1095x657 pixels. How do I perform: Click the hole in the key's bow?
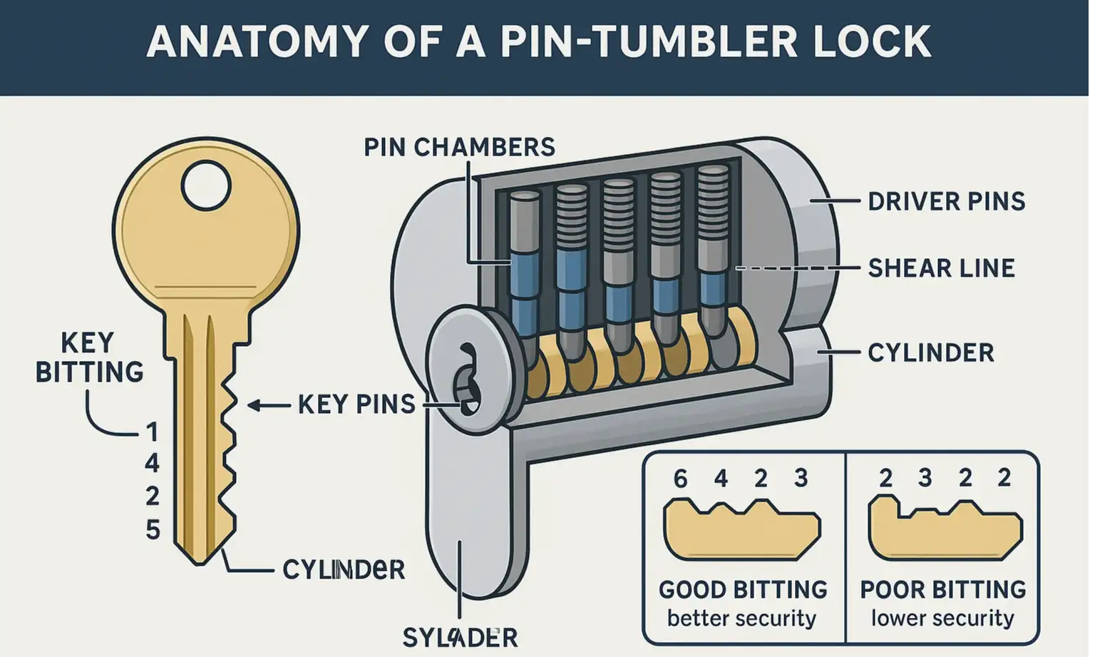[x=205, y=185]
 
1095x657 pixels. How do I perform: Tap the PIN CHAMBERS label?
[x=459, y=147]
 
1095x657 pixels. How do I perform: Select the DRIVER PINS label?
[x=946, y=201]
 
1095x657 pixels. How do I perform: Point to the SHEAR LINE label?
[x=941, y=268]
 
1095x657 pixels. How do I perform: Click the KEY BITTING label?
[x=89, y=357]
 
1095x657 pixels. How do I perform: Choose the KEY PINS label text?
[x=356, y=404]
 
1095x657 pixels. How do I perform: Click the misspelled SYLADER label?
[x=460, y=637]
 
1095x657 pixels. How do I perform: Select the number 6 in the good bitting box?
[x=680, y=479]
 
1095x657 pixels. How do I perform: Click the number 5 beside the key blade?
[x=153, y=529]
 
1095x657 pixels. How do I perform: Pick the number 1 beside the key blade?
[x=152, y=432]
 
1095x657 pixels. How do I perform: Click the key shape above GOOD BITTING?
[x=741, y=529]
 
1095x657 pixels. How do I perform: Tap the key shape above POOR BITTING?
[x=945, y=529]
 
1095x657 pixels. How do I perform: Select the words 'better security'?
[x=741, y=618]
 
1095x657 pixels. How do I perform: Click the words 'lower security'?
[x=942, y=618]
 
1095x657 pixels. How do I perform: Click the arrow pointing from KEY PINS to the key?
[x=267, y=405]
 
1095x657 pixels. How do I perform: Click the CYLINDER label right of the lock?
[x=930, y=352]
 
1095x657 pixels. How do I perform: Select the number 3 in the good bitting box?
[x=801, y=478]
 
